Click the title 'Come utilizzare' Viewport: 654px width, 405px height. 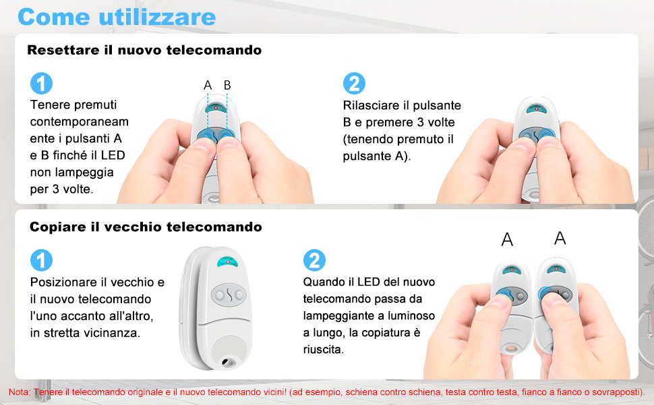click(x=117, y=17)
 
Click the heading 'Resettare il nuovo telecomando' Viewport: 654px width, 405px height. click(x=144, y=50)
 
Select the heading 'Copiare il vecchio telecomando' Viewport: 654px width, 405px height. click(x=146, y=227)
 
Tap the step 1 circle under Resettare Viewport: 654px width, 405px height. click(x=41, y=84)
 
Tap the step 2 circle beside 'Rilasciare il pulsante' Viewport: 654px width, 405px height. click(x=353, y=84)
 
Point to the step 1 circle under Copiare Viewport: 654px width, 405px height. click(x=41, y=260)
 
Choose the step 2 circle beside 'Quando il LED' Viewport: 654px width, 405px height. click(x=314, y=260)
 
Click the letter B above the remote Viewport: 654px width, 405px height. click(x=227, y=85)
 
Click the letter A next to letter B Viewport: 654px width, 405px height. click(x=208, y=85)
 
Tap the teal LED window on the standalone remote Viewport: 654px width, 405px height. click(x=228, y=264)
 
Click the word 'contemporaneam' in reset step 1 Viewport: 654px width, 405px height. click(x=80, y=122)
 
